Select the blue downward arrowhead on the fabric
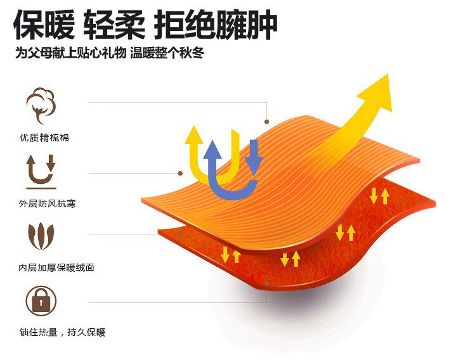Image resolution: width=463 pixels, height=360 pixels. [254, 166]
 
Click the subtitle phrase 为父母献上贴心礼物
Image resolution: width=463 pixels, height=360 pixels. [69, 54]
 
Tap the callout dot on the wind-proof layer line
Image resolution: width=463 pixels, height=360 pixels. [180, 172]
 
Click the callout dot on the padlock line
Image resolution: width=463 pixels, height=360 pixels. [268, 285]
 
